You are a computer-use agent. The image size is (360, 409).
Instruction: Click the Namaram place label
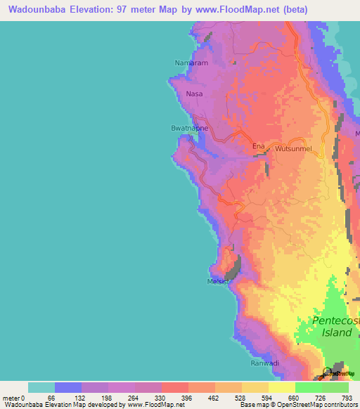188,63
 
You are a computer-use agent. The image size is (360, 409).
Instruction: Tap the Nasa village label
194,93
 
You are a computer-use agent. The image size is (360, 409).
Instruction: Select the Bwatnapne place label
189,129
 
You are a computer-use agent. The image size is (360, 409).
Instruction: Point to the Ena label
258,146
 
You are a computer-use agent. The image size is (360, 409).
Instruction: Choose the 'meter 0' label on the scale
13,397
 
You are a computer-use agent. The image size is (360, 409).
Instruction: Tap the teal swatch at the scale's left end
41,387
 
